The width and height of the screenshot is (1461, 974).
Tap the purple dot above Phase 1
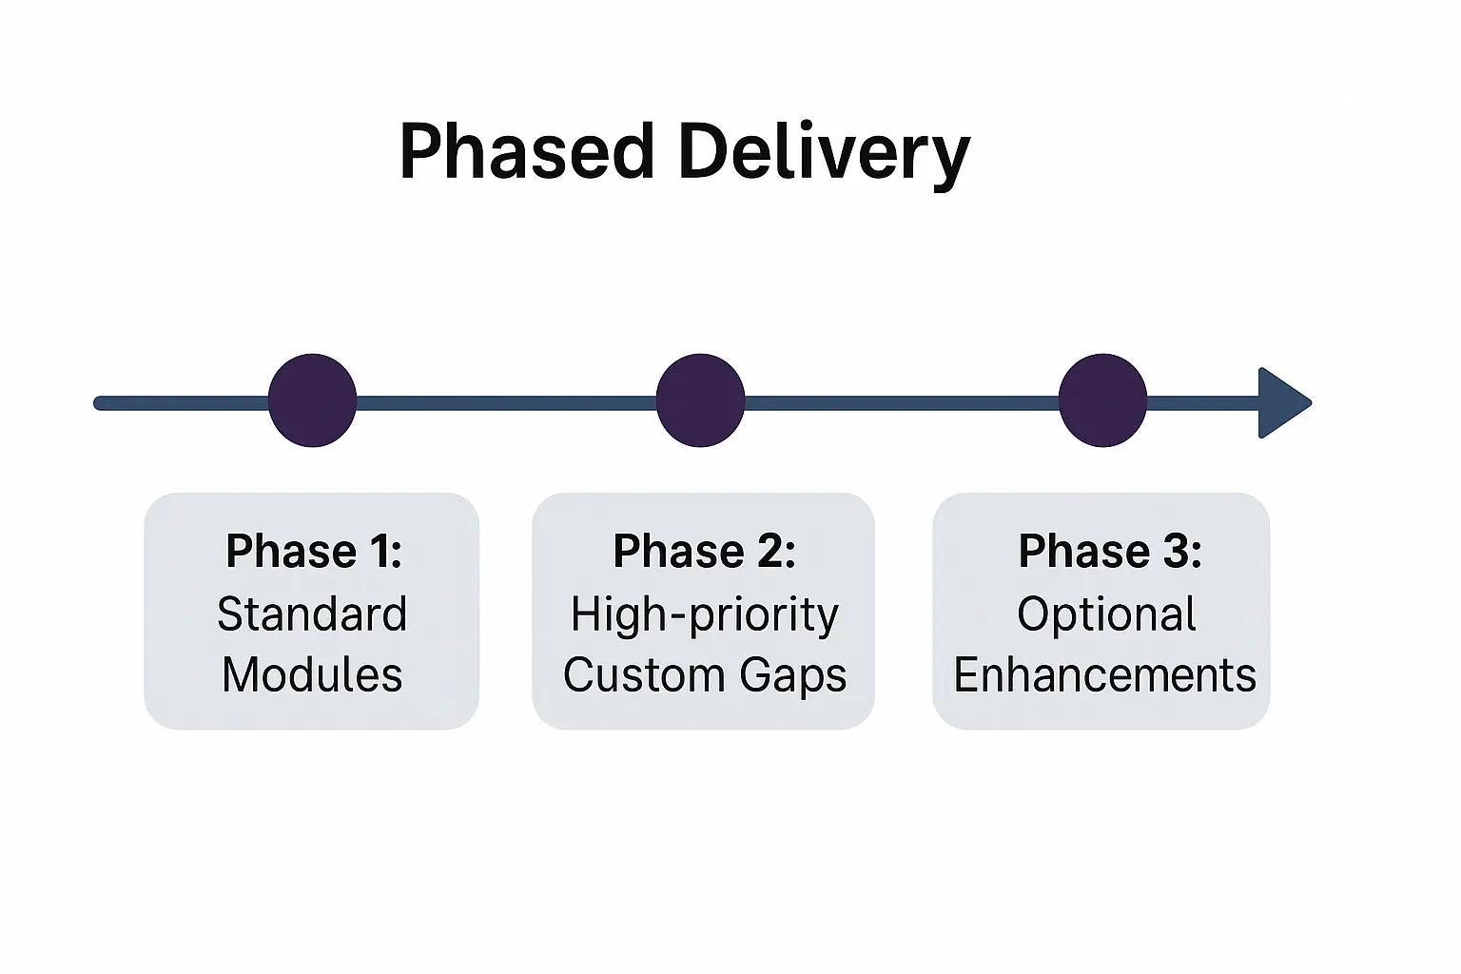[312, 400]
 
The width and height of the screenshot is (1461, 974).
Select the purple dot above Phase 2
[700, 400]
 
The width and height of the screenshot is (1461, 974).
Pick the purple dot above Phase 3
[1103, 400]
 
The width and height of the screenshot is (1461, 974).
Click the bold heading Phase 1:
[314, 552]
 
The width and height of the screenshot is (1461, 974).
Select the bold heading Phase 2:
[705, 552]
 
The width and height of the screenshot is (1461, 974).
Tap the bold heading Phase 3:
[1110, 552]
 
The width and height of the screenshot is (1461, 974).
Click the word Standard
[312, 614]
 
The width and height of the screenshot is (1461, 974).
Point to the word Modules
[312, 674]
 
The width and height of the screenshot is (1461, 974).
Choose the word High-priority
[705, 615]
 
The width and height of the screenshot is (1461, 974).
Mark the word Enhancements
[1105, 674]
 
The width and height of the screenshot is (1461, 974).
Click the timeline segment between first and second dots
[506, 403]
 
